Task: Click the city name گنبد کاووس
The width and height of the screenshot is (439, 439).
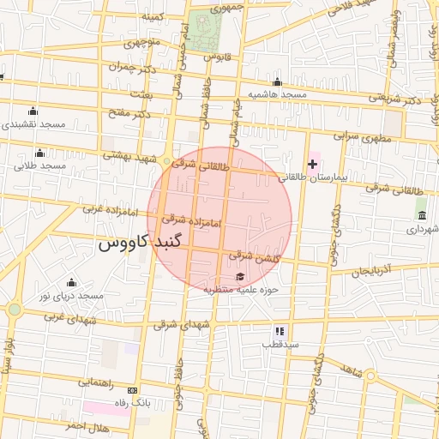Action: (x=141, y=243)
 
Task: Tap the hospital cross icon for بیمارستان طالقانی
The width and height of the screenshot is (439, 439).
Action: (x=312, y=163)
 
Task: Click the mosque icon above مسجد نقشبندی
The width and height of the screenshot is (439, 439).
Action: (x=33, y=111)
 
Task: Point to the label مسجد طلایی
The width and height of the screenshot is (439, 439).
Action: (x=39, y=164)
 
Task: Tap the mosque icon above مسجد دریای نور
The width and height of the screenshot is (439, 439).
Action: (x=71, y=283)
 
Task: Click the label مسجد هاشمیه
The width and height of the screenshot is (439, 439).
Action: (x=277, y=93)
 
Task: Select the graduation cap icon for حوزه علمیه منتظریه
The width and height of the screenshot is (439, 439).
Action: (x=240, y=276)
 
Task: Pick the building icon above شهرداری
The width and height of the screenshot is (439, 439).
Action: (x=421, y=214)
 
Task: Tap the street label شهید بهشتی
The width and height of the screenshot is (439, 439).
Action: (x=125, y=155)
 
